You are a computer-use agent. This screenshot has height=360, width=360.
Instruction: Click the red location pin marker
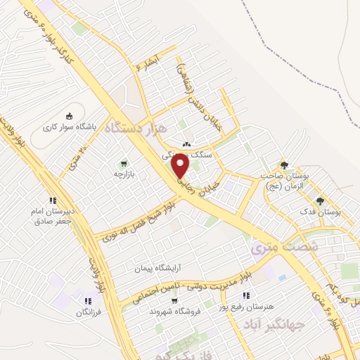point(181,165)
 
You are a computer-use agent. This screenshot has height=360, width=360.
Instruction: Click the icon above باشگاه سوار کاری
point(68,116)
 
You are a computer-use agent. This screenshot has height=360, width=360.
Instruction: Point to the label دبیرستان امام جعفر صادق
point(51,214)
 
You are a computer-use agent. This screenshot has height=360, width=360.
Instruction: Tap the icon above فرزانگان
point(87,302)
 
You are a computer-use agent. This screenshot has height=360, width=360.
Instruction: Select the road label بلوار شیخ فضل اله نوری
point(141,221)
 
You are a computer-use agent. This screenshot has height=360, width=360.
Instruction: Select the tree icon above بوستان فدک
point(320,200)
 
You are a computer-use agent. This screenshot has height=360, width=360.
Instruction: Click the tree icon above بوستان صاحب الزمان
point(284,165)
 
